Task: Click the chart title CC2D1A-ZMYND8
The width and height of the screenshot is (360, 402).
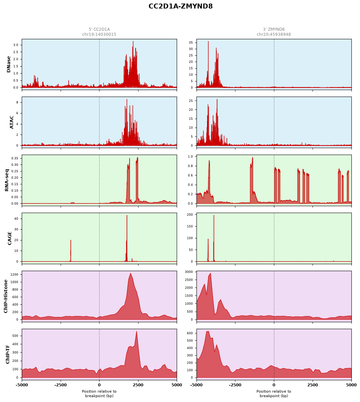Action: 180,6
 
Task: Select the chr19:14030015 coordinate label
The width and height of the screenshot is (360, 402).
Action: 99,34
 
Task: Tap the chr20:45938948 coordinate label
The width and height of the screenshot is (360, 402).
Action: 274,34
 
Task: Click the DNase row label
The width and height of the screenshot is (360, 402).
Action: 9,64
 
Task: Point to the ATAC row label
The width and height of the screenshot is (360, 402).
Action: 12,122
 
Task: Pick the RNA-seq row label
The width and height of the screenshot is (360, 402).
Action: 7,180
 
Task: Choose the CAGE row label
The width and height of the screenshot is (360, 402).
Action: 10,238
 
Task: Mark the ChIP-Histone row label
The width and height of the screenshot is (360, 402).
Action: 6,296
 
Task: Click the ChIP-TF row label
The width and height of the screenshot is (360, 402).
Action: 8,354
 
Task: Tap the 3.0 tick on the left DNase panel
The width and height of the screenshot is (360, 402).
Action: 16,45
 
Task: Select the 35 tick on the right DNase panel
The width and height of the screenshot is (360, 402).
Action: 191,43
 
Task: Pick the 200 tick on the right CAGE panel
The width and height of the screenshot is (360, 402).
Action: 190,214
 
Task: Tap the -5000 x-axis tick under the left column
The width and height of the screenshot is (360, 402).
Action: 22,385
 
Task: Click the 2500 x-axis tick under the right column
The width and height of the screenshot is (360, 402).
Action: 313,385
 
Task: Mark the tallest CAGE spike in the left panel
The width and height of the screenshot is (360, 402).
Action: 127,215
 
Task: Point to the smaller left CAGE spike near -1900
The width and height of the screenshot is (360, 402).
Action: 71,240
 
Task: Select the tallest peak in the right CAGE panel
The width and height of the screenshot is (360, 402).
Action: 214,215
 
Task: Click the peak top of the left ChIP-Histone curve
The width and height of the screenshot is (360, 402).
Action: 130,273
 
